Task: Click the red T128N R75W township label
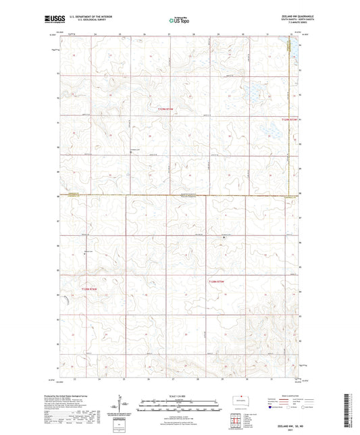216,281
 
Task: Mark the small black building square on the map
224,237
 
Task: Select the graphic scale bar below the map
180,403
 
